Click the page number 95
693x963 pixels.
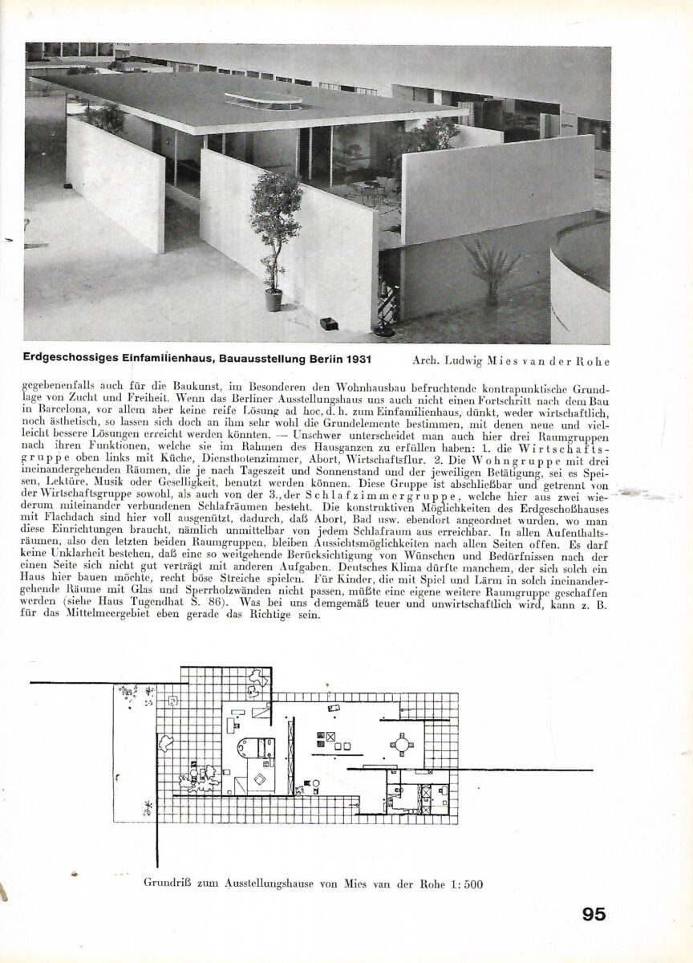[594, 914]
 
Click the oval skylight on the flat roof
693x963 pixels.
[263, 100]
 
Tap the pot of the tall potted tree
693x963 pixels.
[274, 299]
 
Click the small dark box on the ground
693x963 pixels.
[329, 323]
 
